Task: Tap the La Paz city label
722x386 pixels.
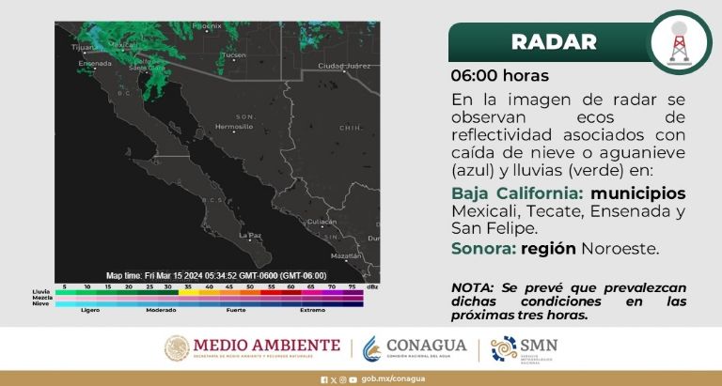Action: click(250, 235)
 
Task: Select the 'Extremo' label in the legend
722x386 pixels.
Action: click(312, 309)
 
